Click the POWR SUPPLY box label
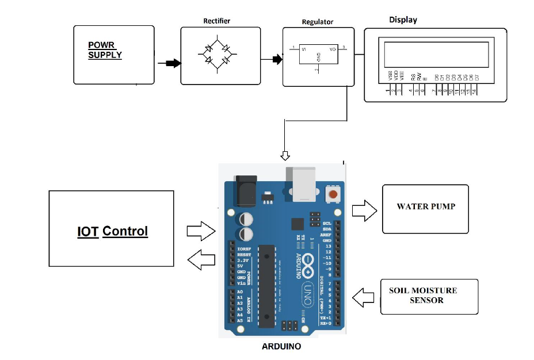pyautogui.click(x=105, y=50)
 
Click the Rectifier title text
pyautogui.click(x=216, y=21)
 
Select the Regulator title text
pyautogui.click(x=317, y=22)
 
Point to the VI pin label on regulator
pyautogui.click(x=304, y=49)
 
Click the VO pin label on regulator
pyautogui.click(x=332, y=49)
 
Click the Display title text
pyautogui.click(x=403, y=20)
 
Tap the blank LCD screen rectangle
pyautogui.click(x=436, y=54)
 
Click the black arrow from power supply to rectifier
pyautogui.click(x=170, y=63)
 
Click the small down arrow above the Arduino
pyautogui.click(x=285, y=155)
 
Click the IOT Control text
pyautogui.click(x=112, y=231)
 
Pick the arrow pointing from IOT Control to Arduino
pyautogui.click(x=201, y=231)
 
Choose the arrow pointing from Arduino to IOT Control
pyautogui.click(x=201, y=259)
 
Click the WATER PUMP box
pyautogui.click(x=425, y=208)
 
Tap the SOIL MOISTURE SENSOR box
pyautogui.click(x=429, y=296)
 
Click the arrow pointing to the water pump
pyautogui.click(x=364, y=210)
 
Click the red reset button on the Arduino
pyautogui.click(x=333, y=195)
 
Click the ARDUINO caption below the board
pyautogui.click(x=281, y=346)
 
